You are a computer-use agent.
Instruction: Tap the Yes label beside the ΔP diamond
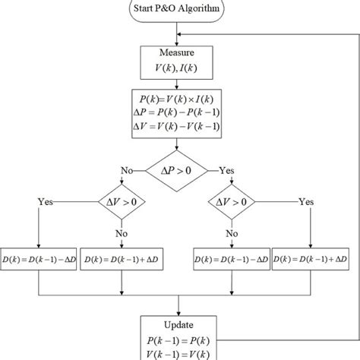228,171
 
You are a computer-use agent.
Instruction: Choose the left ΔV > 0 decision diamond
122,203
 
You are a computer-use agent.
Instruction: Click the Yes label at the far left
46,203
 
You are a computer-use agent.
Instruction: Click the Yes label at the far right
305,203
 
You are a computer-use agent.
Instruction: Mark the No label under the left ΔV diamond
122,235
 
